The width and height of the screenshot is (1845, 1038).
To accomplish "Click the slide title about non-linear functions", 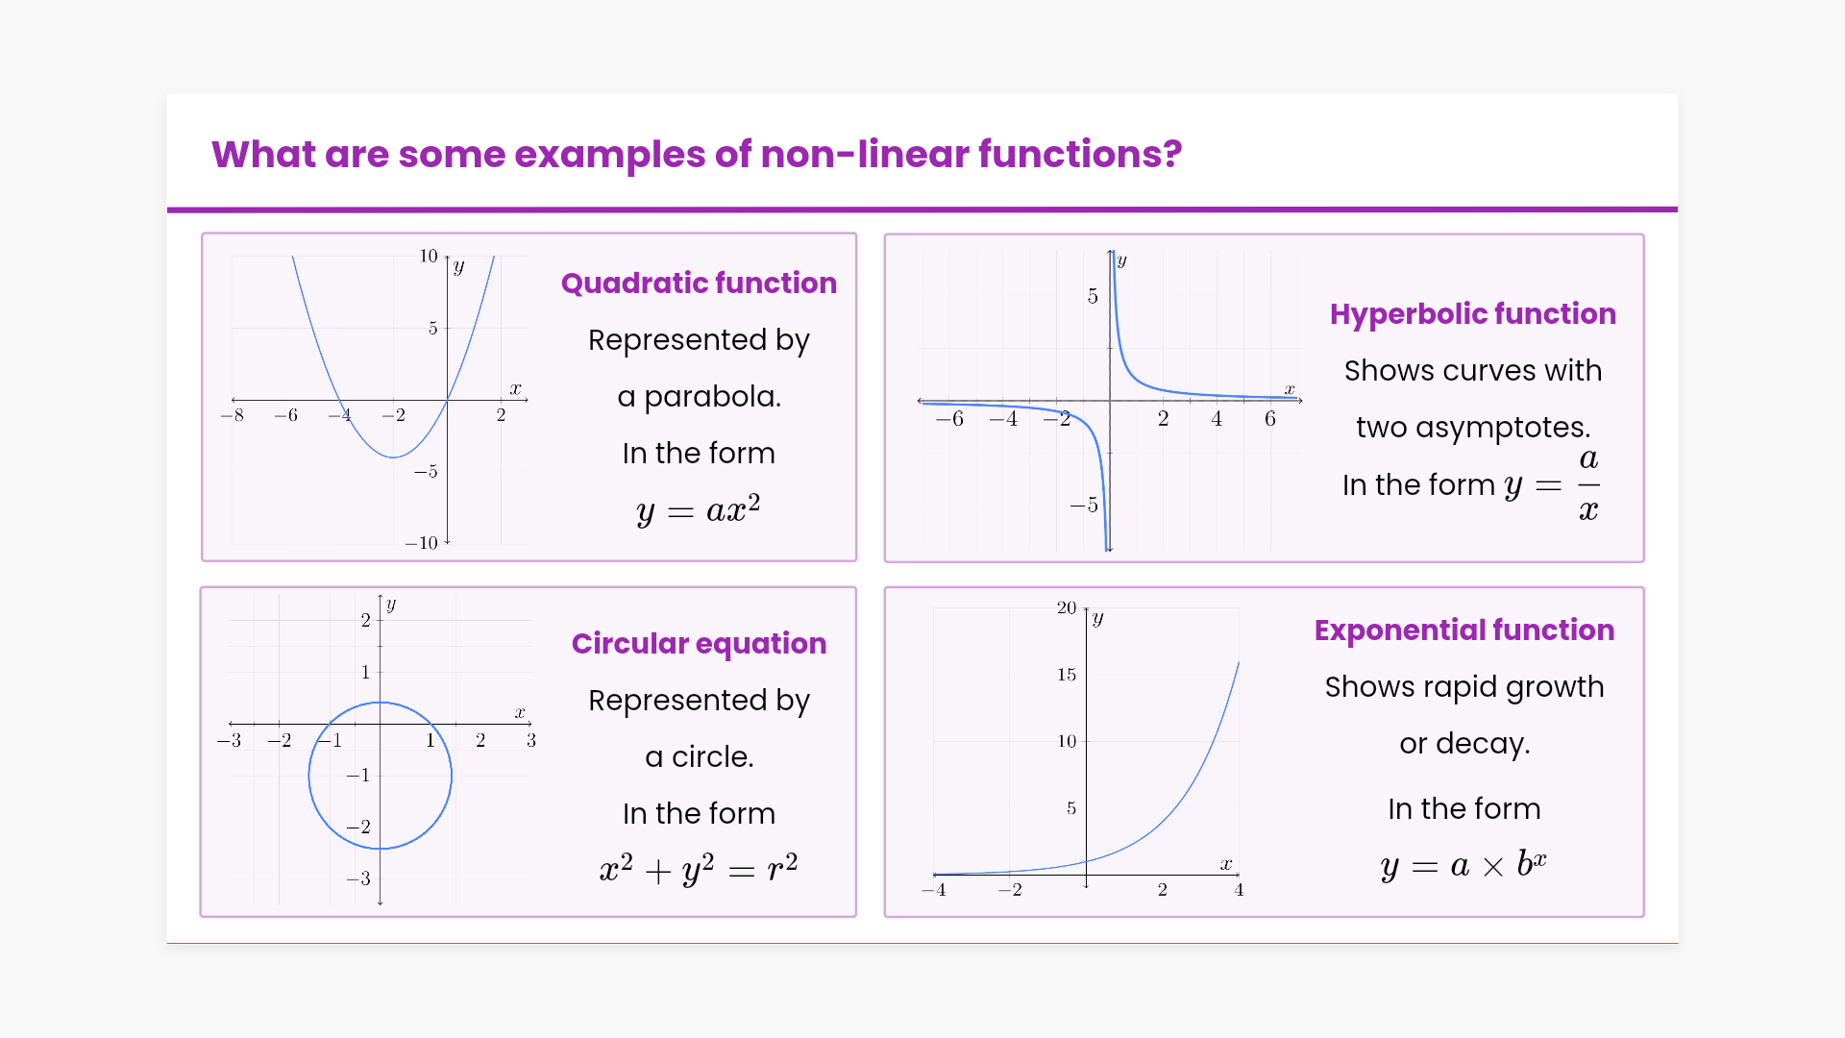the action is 697,154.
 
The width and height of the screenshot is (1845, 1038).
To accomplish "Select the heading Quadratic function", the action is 699,283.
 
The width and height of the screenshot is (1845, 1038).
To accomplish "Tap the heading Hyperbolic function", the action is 1473,314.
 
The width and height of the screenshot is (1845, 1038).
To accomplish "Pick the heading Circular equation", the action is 699,643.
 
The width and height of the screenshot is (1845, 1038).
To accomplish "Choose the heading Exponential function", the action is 1464,630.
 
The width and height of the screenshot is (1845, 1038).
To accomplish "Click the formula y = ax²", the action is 699,508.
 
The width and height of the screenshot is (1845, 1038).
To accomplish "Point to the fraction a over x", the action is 1588,484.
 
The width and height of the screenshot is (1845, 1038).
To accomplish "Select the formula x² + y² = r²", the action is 699,868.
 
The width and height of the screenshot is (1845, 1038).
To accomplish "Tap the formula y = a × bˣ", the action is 1464,864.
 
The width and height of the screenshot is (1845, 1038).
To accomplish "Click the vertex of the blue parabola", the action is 393,457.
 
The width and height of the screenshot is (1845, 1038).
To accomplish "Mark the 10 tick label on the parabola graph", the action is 428,256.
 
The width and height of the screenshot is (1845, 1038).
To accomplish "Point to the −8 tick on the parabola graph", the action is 232,415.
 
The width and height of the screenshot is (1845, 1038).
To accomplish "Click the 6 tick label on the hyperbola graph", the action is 1270,418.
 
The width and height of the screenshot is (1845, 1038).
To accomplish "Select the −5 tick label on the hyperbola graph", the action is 1084,506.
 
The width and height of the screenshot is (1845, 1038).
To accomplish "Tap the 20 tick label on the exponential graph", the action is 1067,607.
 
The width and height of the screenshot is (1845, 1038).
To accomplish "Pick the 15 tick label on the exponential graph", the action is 1067,675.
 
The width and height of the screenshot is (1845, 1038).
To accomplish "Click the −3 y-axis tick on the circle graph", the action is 358,878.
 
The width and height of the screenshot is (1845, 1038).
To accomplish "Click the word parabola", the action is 712,397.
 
